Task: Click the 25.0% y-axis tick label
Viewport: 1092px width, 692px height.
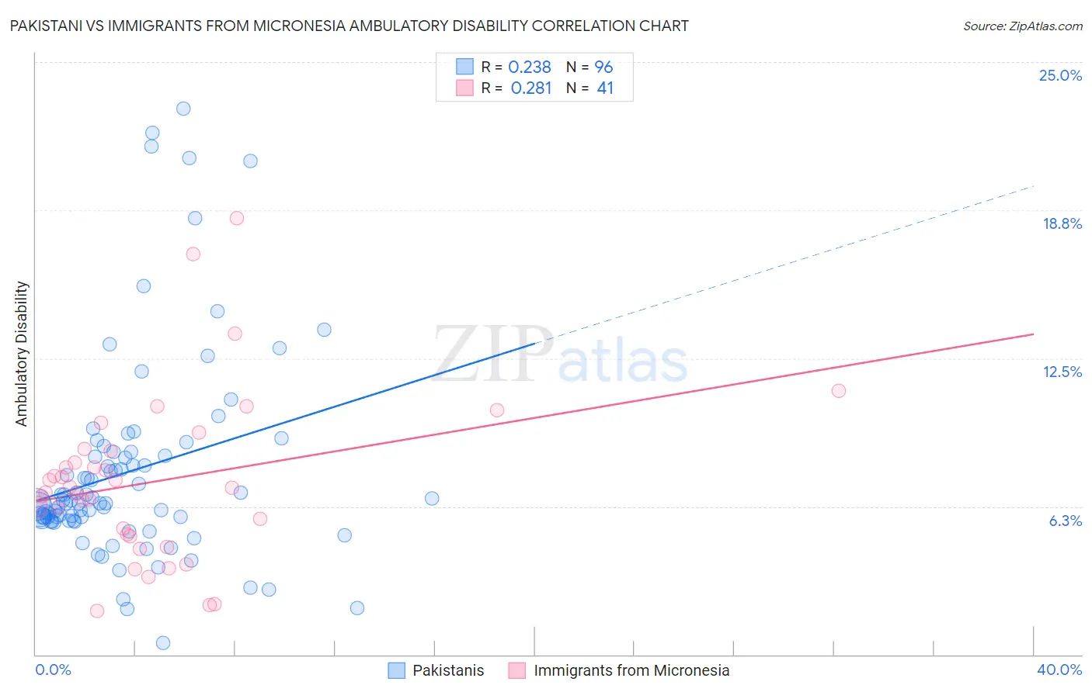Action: coord(1060,75)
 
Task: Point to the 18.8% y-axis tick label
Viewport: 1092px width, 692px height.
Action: coord(1062,223)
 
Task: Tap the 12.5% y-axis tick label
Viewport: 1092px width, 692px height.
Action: coord(1062,372)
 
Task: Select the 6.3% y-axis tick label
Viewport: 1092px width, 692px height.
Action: coord(1065,521)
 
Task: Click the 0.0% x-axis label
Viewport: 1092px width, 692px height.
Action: coord(53,670)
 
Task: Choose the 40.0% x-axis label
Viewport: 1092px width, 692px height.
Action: coord(1059,670)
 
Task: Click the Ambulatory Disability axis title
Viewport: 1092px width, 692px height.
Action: coord(22,354)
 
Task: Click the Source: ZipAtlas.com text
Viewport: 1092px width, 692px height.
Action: coord(1022,26)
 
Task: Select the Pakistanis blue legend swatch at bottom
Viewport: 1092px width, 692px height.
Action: coord(396,670)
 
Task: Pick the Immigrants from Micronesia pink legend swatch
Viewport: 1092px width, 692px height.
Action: coord(517,670)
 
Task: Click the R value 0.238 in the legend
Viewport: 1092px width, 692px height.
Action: coord(529,67)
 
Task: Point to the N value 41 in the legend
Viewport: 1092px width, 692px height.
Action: coord(605,88)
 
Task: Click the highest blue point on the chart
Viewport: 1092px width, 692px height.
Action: coord(183,109)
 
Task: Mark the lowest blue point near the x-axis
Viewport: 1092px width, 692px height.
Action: coord(163,643)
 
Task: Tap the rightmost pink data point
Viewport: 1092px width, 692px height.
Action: coord(838,391)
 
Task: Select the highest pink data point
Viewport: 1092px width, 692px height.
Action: coord(237,218)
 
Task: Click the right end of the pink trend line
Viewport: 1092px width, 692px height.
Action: coord(1033,334)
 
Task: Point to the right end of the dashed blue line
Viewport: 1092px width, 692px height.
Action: coord(1033,186)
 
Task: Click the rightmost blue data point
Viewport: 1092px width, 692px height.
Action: coord(432,499)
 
